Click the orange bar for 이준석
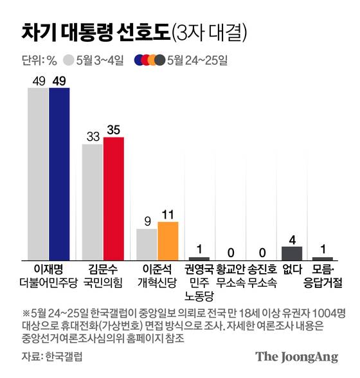pos(168,239)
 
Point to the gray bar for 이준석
pos(147,243)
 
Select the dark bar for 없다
pos(292,251)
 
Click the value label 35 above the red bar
pos(114,130)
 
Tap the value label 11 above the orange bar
pos(168,214)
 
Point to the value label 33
pos(93,137)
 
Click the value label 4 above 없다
pos(292,239)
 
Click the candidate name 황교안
pos(230,267)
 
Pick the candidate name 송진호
pos(262,267)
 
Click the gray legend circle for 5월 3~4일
pos(69,61)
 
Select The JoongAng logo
pos(297,357)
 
